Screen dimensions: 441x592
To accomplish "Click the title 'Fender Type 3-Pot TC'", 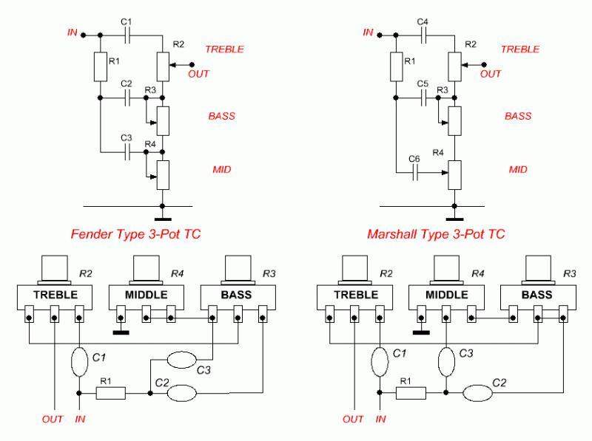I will click(x=135, y=235).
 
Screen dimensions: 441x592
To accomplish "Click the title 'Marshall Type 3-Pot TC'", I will click(x=437, y=235).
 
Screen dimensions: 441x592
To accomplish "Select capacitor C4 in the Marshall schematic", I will click(x=424, y=34).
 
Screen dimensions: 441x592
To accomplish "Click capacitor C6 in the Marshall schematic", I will click(x=417, y=174).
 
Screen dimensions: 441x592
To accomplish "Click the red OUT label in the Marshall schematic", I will click(x=491, y=74).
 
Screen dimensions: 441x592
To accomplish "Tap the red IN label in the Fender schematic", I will click(x=73, y=33).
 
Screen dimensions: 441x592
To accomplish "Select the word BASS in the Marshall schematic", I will click(x=519, y=117).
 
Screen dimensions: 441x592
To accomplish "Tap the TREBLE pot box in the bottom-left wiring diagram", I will click(x=53, y=295).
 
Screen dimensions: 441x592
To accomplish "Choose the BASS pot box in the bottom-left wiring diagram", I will click(x=237, y=295).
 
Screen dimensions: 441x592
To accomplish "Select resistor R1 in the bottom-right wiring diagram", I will click(x=411, y=393).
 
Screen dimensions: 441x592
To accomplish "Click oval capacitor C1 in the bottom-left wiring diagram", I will click(x=78, y=362).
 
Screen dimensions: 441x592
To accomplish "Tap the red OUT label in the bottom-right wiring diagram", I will click(x=354, y=420).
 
